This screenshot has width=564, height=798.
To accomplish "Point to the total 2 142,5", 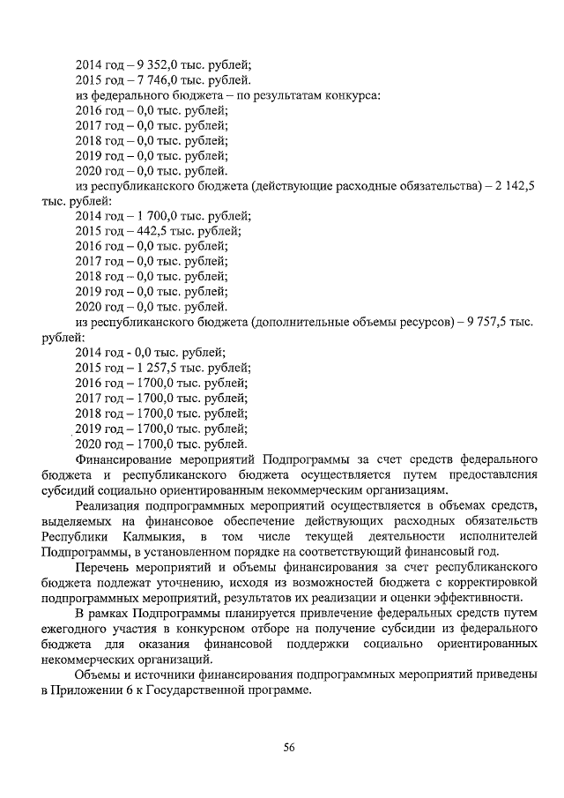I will (514, 186).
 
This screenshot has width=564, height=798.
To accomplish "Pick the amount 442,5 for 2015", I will (153, 231).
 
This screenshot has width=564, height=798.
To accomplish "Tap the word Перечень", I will (108, 567).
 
